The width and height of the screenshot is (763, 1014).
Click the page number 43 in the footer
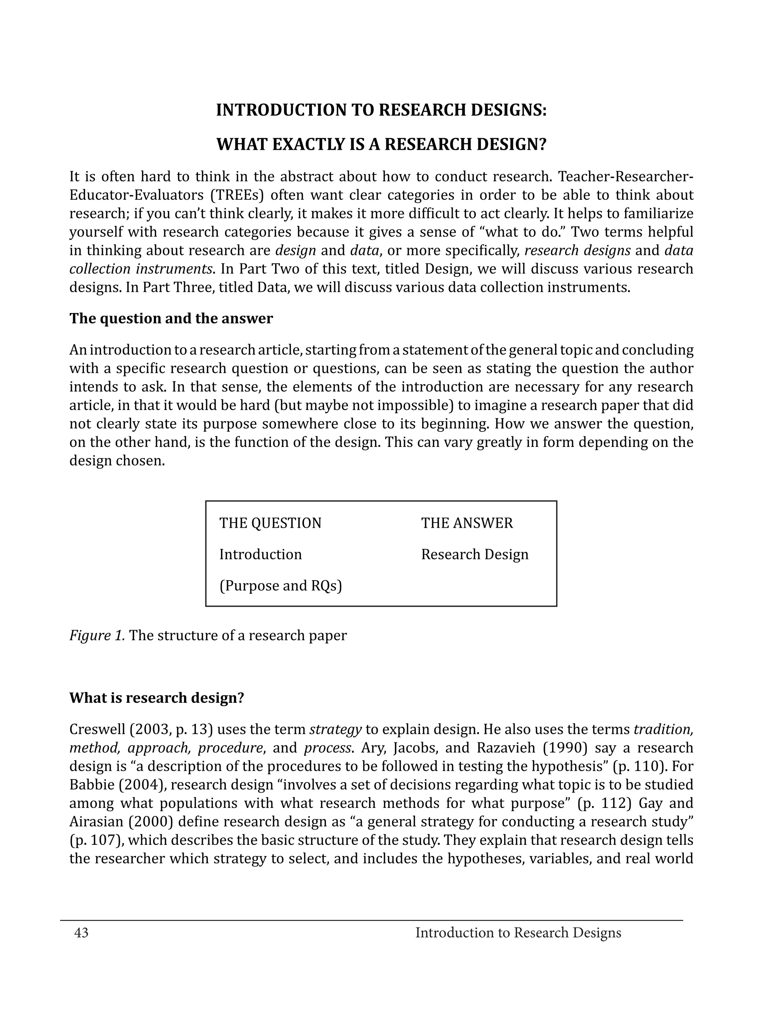pyautogui.click(x=81, y=933)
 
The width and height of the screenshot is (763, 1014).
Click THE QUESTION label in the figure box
pyautogui.click(x=270, y=523)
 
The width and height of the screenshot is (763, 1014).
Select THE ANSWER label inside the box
pyautogui.click(x=467, y=523)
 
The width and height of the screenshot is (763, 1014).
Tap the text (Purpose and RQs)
pyautogui.click(x=281, y=586)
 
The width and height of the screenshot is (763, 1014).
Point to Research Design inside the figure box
pyautogui.click(x=475, y=554)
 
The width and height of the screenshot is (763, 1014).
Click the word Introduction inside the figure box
pyautogui.click(x=260, y=554)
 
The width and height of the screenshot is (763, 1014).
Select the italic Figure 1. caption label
pyautogui.click(x=97, y=635)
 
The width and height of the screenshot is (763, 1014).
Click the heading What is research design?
pyautogui.click(x=157, y=698)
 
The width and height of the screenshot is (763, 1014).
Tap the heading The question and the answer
pyautogui.click(x=171, y=318)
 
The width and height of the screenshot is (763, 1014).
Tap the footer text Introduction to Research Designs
pyautogui.click(x=518, y=933)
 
